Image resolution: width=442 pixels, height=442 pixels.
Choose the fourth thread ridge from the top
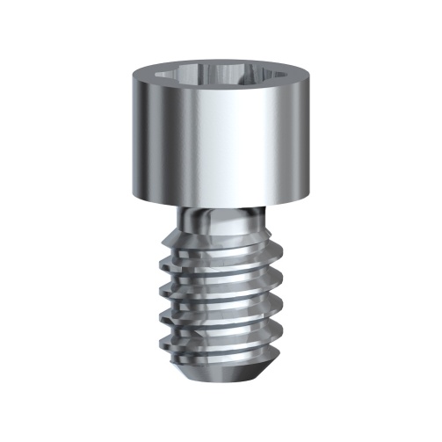point(221,327)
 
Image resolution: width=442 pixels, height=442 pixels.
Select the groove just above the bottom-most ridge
point(221,341)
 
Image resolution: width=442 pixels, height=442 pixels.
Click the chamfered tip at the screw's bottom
point(221,373)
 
